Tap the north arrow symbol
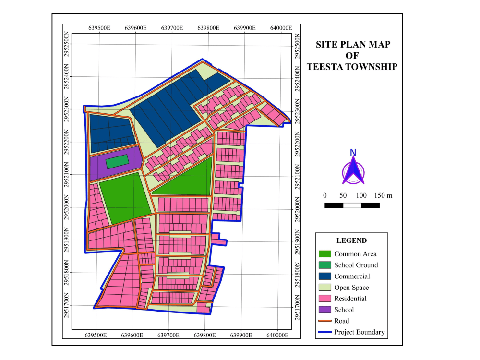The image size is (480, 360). [x=353, y=169]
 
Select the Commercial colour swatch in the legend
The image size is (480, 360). [x=325, y=276]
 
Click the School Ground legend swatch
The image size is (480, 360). [x=325, y=265]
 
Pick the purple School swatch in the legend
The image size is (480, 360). [x=325, y=310]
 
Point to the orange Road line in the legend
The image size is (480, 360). [x=325, y=321]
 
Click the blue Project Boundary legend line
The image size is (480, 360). [x=325, y=332]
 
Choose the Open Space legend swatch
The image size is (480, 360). [x=325, y=288]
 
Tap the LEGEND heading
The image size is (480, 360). [x=351, y=240]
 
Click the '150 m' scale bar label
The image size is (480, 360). [x=383, y=195]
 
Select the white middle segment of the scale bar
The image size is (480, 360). [x=352, y=205]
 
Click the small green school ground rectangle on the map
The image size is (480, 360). [x=117, y=162]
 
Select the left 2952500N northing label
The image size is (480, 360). [x=67, y=45]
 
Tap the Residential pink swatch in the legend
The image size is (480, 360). [x=325, y=299]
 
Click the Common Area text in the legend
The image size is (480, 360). [x=355, y=254]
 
